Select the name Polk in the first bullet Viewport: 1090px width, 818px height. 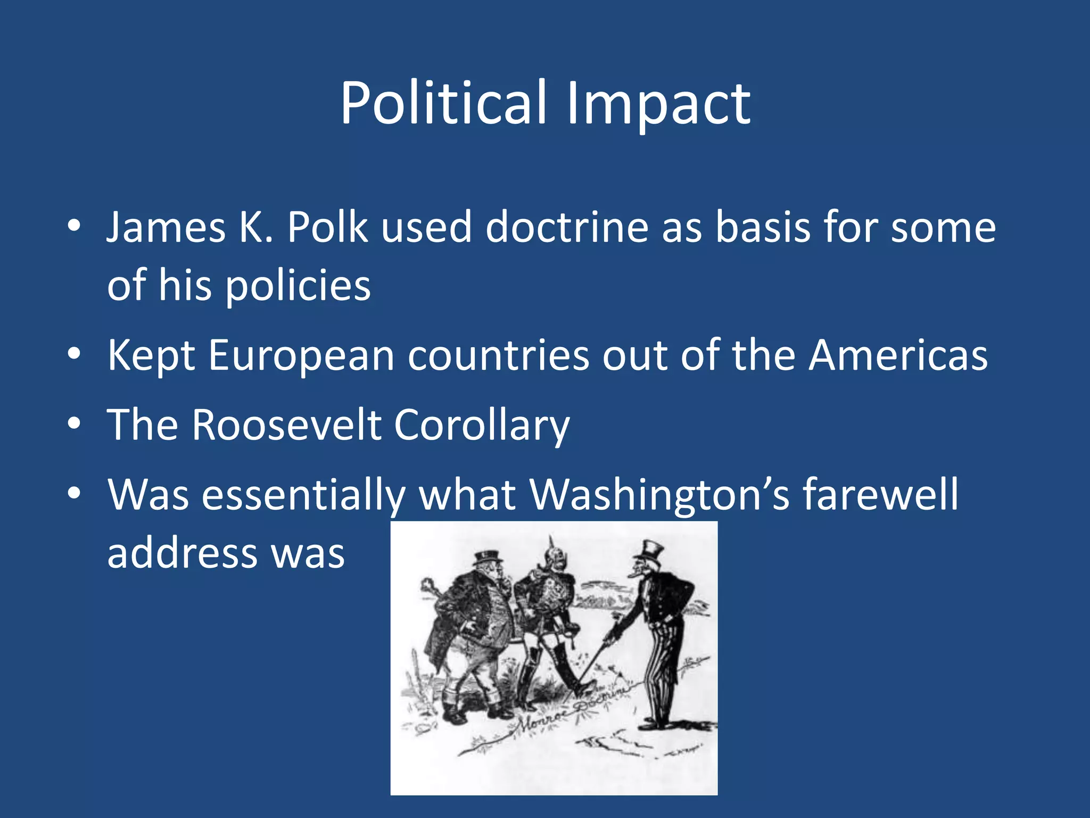[327, 228]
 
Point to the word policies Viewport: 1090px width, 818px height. [298, 286]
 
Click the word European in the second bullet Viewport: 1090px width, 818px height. [301, 356]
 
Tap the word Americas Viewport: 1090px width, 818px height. [898, 356]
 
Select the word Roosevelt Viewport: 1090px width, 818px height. [286, 425]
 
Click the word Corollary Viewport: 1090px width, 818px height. [482, 425]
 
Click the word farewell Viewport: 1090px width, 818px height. [880, 494]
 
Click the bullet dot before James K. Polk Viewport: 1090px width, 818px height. [74, 227]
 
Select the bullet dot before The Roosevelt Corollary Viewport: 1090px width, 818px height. [74, 424]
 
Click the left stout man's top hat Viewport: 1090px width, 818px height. [487, 557]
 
